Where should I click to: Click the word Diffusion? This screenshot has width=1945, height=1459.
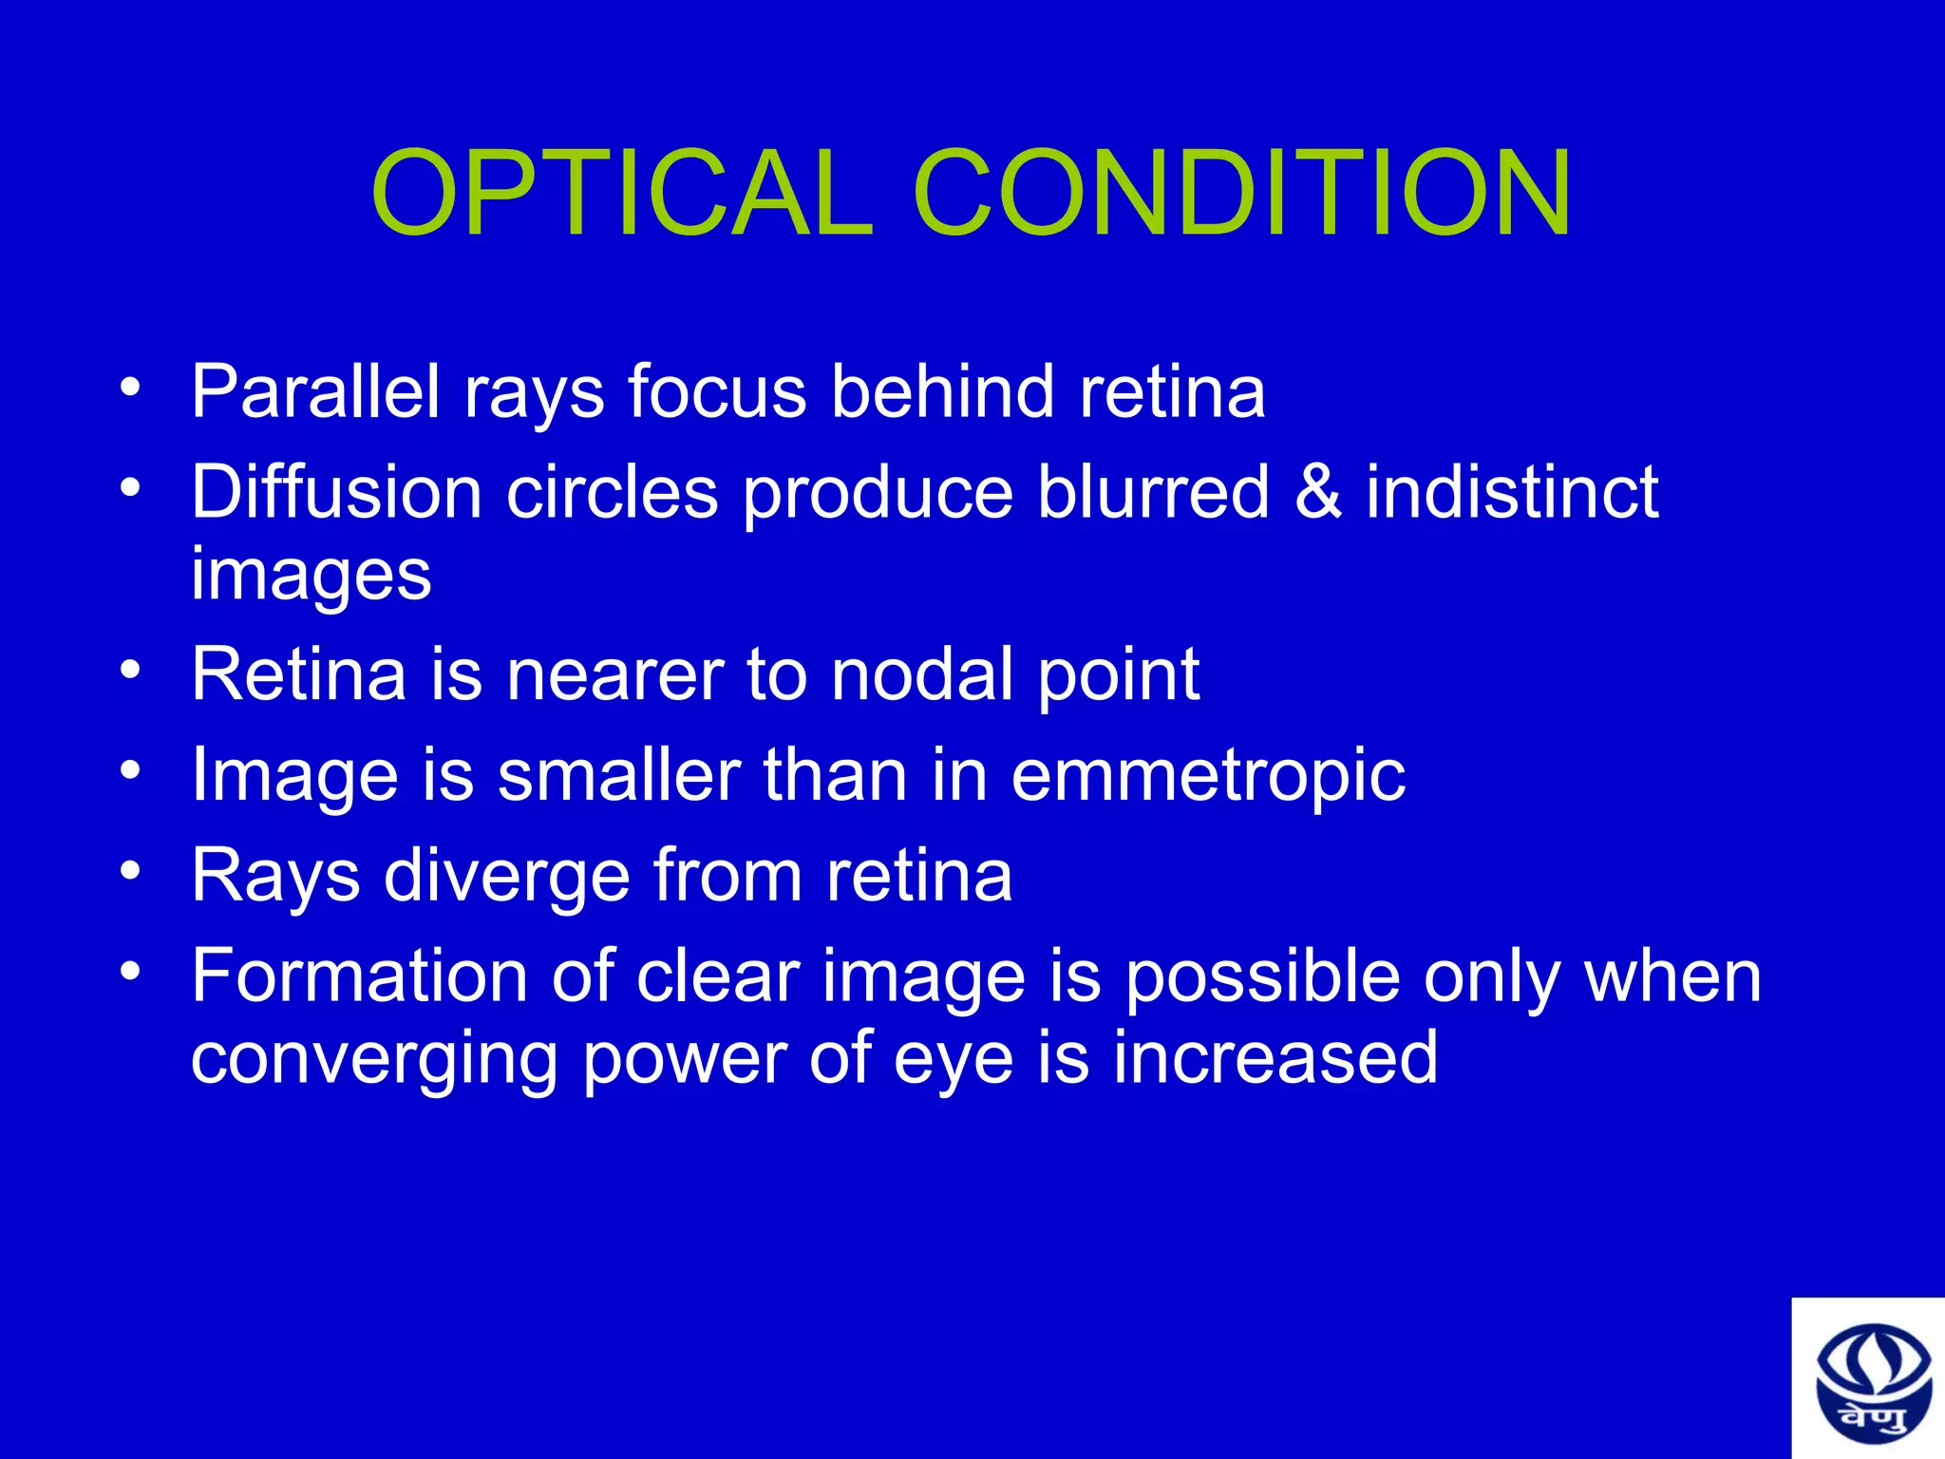point(336,492)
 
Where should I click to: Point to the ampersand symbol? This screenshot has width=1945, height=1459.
point(1317,492)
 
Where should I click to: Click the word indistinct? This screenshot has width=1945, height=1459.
point(1512,492)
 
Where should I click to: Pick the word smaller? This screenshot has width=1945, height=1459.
point(618,775)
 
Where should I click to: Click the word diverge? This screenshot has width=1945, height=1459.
point(506,876)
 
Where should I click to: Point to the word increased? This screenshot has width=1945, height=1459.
point(1275,1058)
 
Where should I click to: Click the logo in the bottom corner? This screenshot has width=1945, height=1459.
point(1868,1379)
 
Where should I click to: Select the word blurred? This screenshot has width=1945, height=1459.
point(1153,492)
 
